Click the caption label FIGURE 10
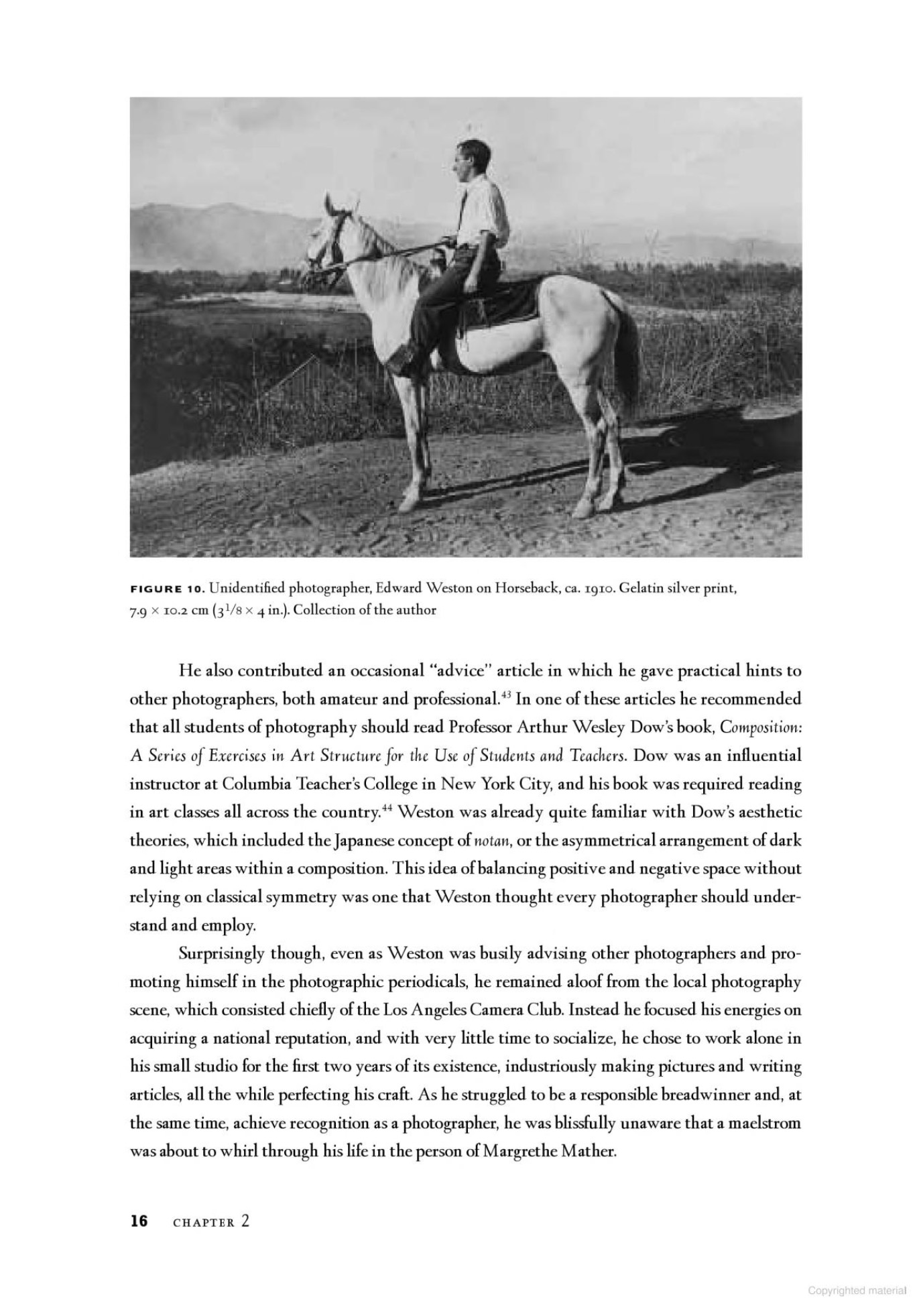pyautogui.click(x=166, y=589)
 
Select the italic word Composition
pyautogui.click(x=760, y=728)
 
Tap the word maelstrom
pyautogui.click(x=765, y=1123)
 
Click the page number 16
pyautogui.click(x=139, y=1221)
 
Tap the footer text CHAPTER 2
pyautogui.click(x=211, y=1222)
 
